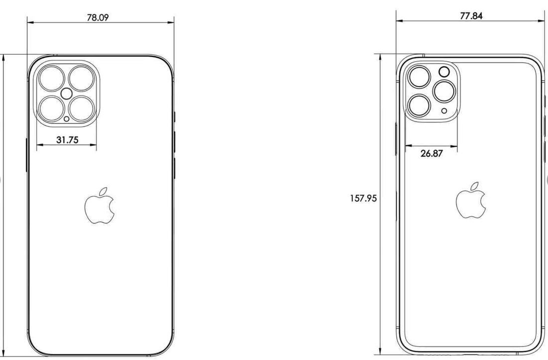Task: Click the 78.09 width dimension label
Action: click(x=98, y=17)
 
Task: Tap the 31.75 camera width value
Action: click(x=67, y=140)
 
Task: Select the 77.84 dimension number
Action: click(x=471, y=16)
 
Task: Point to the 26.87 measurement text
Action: click(x=431, y=153)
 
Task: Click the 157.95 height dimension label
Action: click(x=364, y=198)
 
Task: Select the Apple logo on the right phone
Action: click(x=471, y=201)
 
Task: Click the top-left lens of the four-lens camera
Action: click(x=52, y=79)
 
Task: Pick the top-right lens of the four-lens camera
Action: click(x=82, y=79)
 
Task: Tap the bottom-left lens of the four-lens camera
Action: click(x=52, y=109)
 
